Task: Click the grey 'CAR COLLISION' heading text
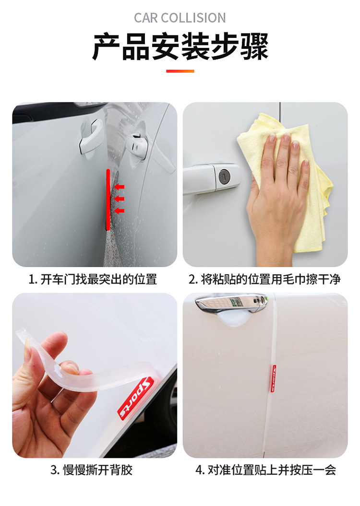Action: (180, 18)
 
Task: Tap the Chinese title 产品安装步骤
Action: (180, 47)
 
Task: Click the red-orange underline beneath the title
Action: (180, 71)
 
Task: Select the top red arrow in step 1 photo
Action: (119, 187)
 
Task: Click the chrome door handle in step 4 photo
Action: (230, 305)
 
